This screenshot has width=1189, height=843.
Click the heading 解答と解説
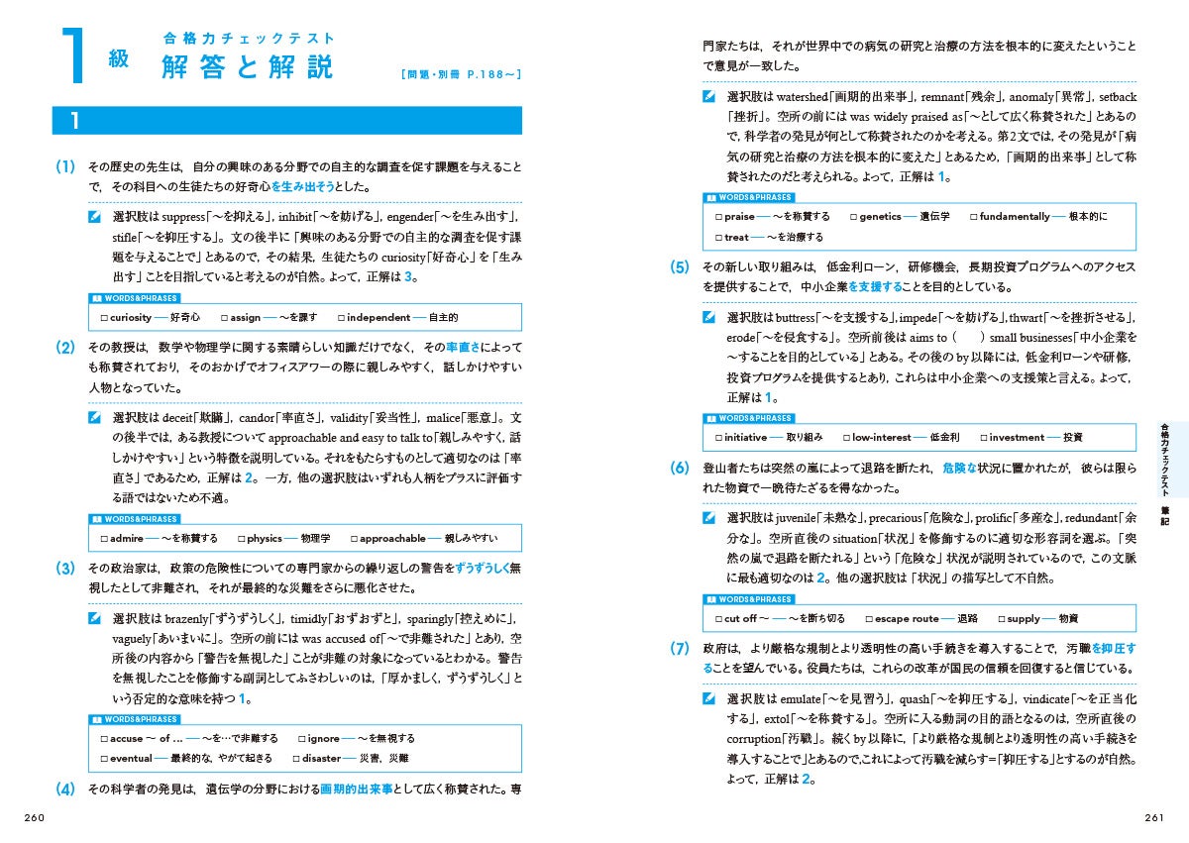coord(248,67)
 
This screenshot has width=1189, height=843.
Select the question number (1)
coord(65,166)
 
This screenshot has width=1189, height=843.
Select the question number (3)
coord(65,568)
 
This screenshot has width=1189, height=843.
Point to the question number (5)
coord(679,267)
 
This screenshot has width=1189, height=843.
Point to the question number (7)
coord(679,649)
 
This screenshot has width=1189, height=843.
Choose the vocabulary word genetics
coord(880,216)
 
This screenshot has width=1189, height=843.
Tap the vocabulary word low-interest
coord(881,437)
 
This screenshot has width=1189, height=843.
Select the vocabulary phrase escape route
coord(906,618)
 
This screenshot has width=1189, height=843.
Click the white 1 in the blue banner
coord(75,121)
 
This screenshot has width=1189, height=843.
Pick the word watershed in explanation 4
coord(800,97)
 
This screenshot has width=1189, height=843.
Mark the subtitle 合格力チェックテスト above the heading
coord(249,39)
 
